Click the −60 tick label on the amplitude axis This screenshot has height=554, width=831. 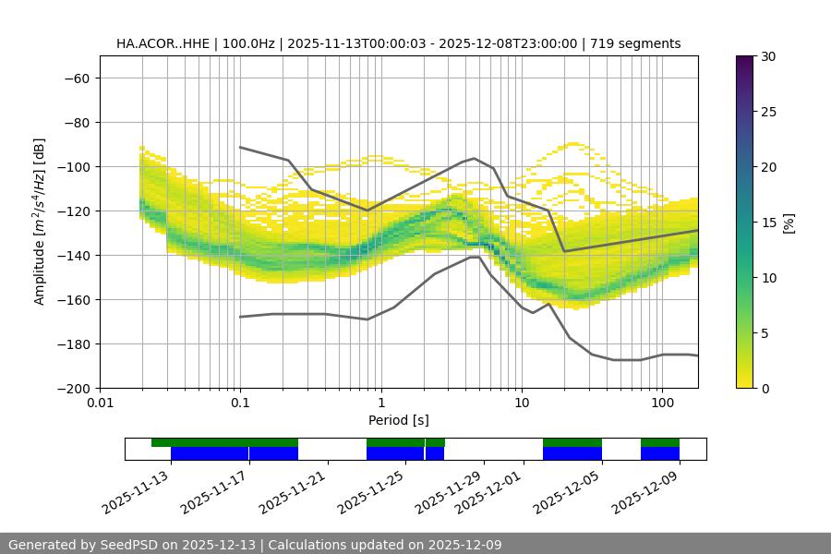pyautogui.click(x=77, y=78)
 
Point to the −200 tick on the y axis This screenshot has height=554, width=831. pyautogui.click(x=74, y=388)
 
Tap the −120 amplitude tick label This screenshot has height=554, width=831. pyautogui.click(x=74, y=211)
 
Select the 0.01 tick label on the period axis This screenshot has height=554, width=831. pyautogui.click(x=100, y=403)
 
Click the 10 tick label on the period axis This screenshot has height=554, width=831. pyautogui.click(x=522, y=403)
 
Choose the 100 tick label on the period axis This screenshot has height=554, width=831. pyautogui.click(x=662, y=403)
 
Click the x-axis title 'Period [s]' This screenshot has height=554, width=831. pyautogui.click(x=398, y=420)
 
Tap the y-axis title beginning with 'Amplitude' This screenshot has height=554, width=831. pyautogui.click(x=40, y=222)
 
